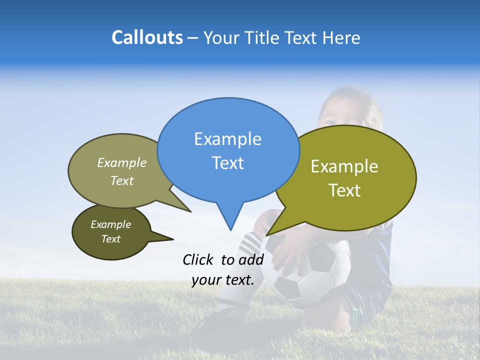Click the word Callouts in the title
click(x=147, y=37)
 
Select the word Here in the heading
click(x=341, y=37)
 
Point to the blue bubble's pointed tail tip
click(x=230, y=229)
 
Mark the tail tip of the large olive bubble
click(x=267, y=234)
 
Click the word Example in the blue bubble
click(x=228, y=139)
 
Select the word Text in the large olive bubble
click(x=345, y=190)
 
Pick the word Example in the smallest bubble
click(x=110, y=224)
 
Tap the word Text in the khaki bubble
click(x=122, y=180)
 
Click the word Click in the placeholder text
click(x=198, y=259)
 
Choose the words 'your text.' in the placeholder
click(x=223, y=280)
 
